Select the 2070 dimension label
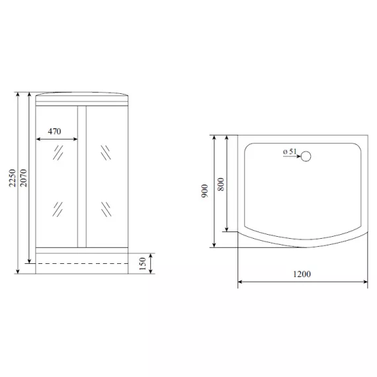[x=24, y=178]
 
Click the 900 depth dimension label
[x=206, y=192]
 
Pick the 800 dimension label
[x=221, y=184]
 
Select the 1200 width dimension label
[x=302, y=274]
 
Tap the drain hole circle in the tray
[x=306, y=157]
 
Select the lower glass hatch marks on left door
[x=58, y=210]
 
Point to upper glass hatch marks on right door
[x=105, y=153]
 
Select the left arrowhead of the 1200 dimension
[x=240, y=282]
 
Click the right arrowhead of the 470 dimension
[x=75, y=139]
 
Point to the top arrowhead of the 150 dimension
[x=152, y=255]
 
